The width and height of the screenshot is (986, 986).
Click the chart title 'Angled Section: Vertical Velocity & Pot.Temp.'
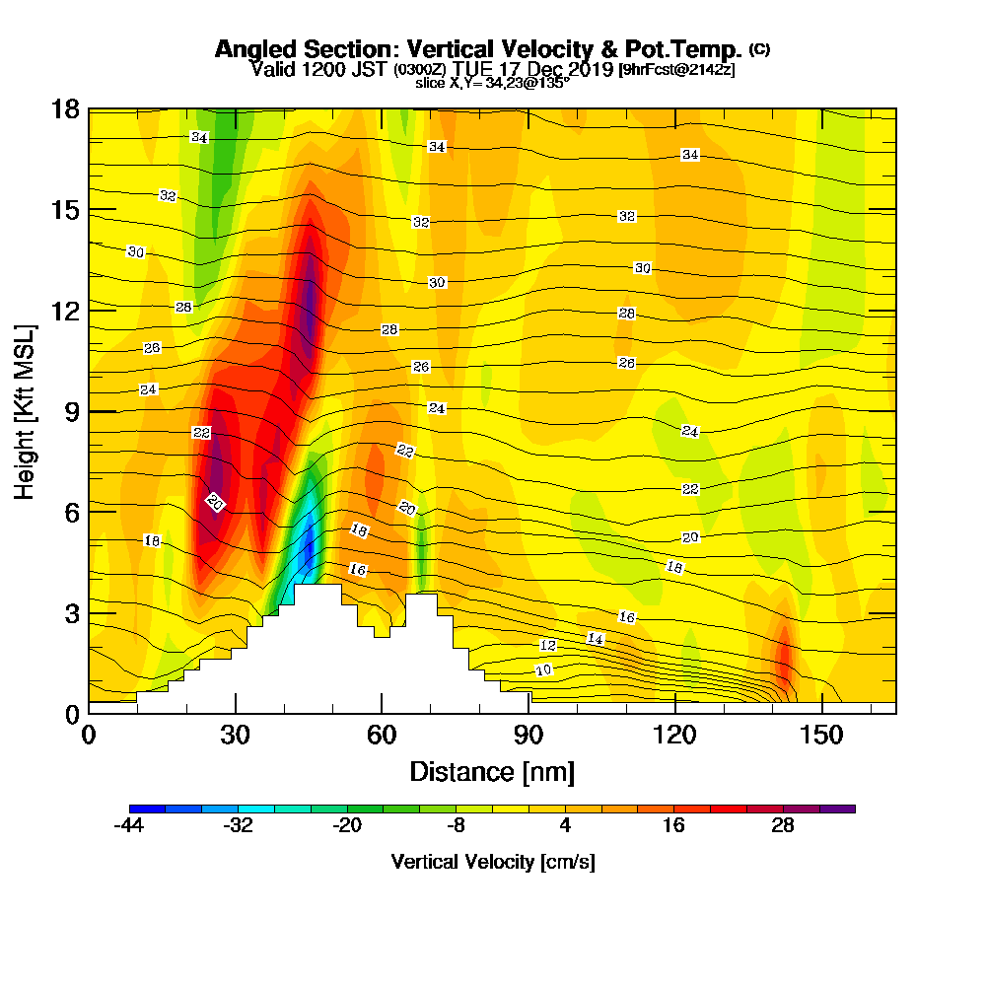478,49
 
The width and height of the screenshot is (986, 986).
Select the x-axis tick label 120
674,736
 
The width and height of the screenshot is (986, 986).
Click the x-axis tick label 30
235,736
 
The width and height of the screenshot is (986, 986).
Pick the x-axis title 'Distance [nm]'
492,771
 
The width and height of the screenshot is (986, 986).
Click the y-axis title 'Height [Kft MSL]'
25,410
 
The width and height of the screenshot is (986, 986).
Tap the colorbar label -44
129,826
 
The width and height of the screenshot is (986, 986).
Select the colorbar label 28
783,826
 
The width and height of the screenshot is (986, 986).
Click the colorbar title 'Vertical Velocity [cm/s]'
493,862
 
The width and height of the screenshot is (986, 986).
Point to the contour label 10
542,670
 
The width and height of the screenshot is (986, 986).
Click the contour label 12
548,645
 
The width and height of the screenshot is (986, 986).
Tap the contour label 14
596,639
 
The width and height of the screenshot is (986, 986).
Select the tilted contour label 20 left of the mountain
215,503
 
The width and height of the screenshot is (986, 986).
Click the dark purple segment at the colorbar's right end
843,809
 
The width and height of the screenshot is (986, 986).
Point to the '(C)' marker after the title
759,48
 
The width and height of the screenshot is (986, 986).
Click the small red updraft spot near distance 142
785,656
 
